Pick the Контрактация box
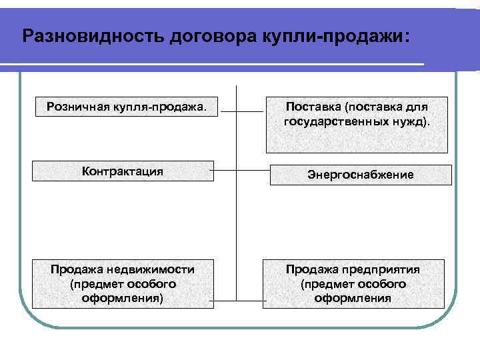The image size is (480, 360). tap(123, 171)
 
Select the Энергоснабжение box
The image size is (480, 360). tap(360, 175)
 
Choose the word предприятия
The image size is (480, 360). tap(385, 269)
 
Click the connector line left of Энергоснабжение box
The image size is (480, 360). tap(253, 171)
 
